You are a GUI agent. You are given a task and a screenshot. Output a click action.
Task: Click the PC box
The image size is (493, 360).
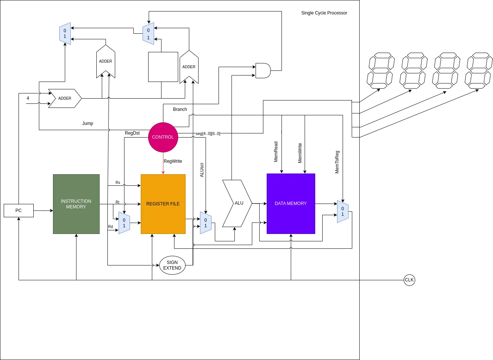tap(19, 211)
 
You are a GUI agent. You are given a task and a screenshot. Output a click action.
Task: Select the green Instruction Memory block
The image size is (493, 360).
tap(76, 204)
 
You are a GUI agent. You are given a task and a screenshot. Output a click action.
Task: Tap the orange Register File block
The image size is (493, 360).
tap(163, 204)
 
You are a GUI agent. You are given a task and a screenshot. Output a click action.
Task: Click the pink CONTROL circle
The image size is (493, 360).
tap(163, 137)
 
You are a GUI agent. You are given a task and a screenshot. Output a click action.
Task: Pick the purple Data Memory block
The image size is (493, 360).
tap(291, 204)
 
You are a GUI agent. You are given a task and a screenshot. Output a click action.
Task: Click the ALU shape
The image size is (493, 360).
tap(237, 203)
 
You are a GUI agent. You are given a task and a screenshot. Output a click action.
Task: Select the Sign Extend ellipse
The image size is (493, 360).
tap(172, 265)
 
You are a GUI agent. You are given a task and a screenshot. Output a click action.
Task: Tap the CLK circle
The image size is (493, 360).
tap(409, 280)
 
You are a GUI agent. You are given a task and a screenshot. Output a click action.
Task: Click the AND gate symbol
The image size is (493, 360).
tap(263, 70)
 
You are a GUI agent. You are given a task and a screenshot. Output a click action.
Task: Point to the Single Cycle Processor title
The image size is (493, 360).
tap(324, 13)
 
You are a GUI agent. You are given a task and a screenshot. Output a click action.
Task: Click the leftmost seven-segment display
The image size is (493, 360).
tap(380, 70)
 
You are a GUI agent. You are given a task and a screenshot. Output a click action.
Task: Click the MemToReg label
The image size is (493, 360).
tap(337, 162)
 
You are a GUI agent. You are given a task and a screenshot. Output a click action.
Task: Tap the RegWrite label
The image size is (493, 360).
tap(173, 161)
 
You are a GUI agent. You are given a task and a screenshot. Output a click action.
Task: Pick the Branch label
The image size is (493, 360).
tap(180, 109)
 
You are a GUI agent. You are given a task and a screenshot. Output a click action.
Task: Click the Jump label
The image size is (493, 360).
tap(87, 123)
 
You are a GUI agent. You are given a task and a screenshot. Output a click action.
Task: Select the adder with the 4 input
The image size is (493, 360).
tap(65, 98)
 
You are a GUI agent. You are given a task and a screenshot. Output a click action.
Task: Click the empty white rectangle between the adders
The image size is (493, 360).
tap(163, 67)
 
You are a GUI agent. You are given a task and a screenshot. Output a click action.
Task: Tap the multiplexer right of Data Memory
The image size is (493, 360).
tap(343, 212)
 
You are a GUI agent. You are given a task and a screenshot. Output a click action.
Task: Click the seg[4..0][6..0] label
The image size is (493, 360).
tap(208, 133)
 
